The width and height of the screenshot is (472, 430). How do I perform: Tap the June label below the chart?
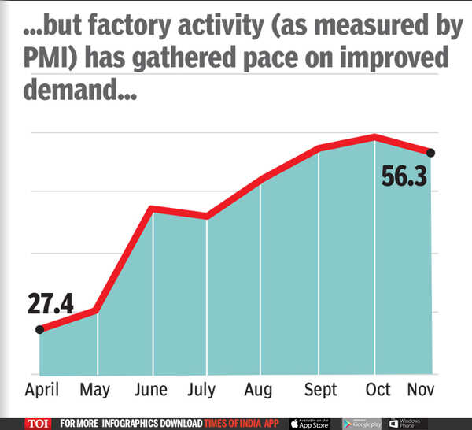point(150,390)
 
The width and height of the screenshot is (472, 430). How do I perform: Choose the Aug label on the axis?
point(258,390)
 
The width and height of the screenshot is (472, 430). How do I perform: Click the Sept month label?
point(321,390)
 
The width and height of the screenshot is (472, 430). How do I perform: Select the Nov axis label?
point(422,390)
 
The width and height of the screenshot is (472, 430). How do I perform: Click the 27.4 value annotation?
point(50,304)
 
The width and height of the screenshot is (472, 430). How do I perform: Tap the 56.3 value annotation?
point(404,176)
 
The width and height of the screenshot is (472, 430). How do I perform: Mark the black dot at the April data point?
point(39,329)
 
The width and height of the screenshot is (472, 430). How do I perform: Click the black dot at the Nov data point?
point(430,152)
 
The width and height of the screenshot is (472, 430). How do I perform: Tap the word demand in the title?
point(67,91)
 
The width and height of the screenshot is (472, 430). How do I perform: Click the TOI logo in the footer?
point(38,423)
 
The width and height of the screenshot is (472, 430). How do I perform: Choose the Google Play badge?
point(363,423)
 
